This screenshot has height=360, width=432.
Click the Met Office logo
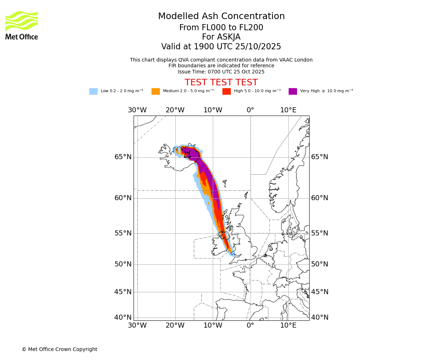pos(22,25)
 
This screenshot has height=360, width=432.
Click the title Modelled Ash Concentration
pos(221,17)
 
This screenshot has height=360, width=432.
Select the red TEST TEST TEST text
pos(221,83)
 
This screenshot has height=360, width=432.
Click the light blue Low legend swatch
pos(93,91)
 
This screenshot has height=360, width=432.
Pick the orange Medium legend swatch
pos(156,91)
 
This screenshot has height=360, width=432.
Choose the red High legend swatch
pos(226,91)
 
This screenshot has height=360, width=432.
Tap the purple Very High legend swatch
pos(293,91)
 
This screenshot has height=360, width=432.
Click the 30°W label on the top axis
pos(137,110)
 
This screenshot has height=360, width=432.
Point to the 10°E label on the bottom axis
pos(288,325)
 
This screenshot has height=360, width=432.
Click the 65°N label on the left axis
pos(123,157)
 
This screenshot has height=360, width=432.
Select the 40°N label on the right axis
pos(320,318)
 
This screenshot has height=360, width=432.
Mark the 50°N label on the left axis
pos(123,264)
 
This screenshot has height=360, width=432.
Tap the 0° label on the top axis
pos(251,110)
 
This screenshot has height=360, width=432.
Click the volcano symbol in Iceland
pos(187,154)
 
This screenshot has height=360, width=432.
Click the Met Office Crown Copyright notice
pos(59,349)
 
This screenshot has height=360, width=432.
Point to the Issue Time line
pos(221,72)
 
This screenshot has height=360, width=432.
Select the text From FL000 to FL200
pos(221,28)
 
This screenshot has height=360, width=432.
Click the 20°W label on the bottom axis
pos(175,325)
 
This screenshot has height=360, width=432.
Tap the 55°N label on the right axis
pos(320,233)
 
